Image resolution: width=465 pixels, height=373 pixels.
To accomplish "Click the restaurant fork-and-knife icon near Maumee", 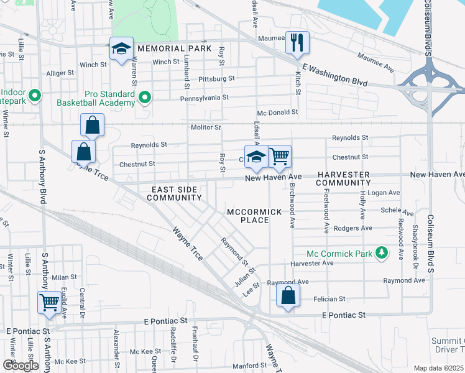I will tap(297, 42).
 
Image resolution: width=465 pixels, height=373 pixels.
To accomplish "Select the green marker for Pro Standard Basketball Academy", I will tap(145, 97).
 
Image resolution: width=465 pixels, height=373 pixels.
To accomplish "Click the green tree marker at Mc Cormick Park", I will tap(384, 253).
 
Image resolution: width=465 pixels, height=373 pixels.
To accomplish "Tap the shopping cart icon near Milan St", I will tap(50, 302).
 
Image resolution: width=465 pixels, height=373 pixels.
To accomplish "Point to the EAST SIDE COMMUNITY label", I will tap(174, 193).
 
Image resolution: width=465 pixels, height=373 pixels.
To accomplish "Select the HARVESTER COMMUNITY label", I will tap(343, 179).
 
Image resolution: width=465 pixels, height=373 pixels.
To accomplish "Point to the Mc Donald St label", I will tap(278, 113).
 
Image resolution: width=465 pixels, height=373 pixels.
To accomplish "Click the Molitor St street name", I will tap(206, 127).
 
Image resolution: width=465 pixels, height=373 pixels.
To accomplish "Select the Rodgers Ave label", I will tap(352, 228).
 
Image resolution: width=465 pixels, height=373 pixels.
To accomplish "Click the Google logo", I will tap(21, 365).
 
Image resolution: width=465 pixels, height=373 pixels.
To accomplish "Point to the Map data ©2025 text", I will tap(438, 368).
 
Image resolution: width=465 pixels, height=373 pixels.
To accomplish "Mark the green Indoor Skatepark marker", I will tap(35, 96).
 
